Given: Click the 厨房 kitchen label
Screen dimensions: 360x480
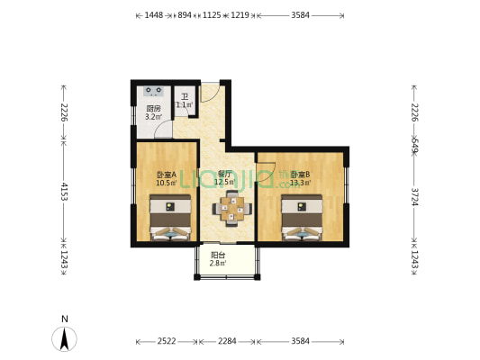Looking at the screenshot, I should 153,108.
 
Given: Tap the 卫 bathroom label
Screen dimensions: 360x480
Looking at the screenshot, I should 185,96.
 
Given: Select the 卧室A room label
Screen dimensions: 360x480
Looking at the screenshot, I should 166,174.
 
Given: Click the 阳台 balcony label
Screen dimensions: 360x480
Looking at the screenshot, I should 217,255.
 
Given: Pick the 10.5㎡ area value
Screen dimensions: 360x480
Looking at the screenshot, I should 166,183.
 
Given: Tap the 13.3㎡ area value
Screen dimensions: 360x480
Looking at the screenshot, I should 300,183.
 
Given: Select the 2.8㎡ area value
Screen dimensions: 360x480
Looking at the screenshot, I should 217,263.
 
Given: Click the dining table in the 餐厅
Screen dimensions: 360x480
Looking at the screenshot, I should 232,210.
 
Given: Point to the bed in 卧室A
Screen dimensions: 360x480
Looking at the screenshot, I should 169,219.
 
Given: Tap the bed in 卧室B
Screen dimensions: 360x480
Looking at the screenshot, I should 302,219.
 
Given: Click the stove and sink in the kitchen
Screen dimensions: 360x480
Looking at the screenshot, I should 151,91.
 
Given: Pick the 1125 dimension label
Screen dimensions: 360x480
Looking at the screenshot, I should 213,15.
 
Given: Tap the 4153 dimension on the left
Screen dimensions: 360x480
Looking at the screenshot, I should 64,191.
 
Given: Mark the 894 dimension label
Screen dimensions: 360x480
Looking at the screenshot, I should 185,15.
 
